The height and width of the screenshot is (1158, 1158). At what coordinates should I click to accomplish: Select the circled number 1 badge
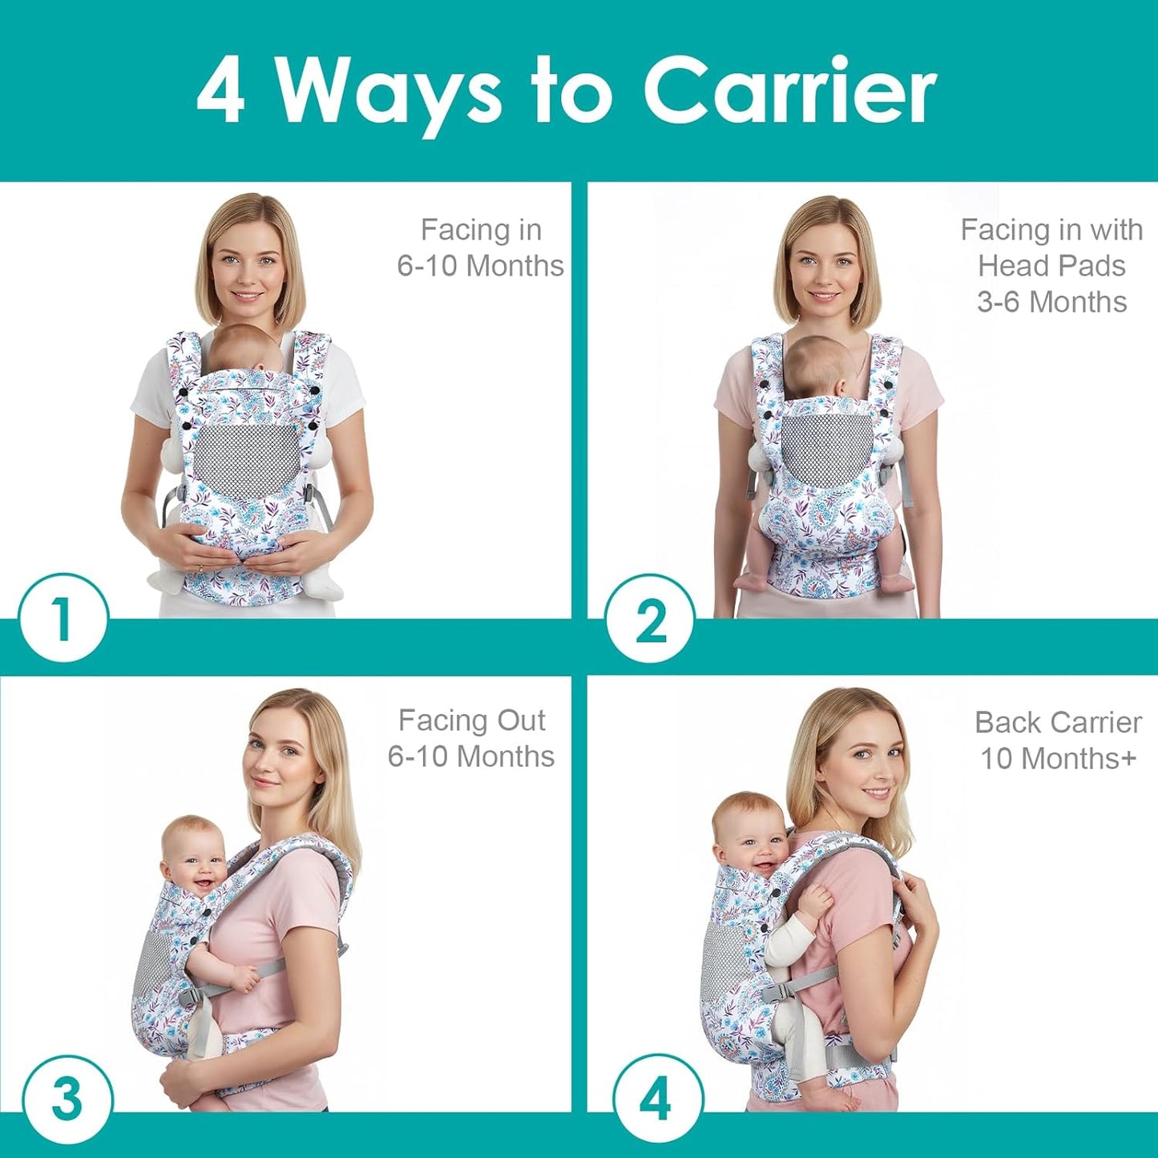click(63, 619)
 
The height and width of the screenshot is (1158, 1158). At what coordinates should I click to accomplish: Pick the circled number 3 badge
click(66, 1099)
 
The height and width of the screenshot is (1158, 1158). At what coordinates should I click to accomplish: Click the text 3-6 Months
click(1051, 302)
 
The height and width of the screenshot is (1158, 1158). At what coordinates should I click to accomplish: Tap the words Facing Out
click(471, 720)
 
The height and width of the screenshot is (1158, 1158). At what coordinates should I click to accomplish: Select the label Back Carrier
click(1058, 723)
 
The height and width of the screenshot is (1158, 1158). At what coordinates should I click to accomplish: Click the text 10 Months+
click(1058, 758)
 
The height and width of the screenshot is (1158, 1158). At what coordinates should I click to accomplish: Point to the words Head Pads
click(1051, 266)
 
